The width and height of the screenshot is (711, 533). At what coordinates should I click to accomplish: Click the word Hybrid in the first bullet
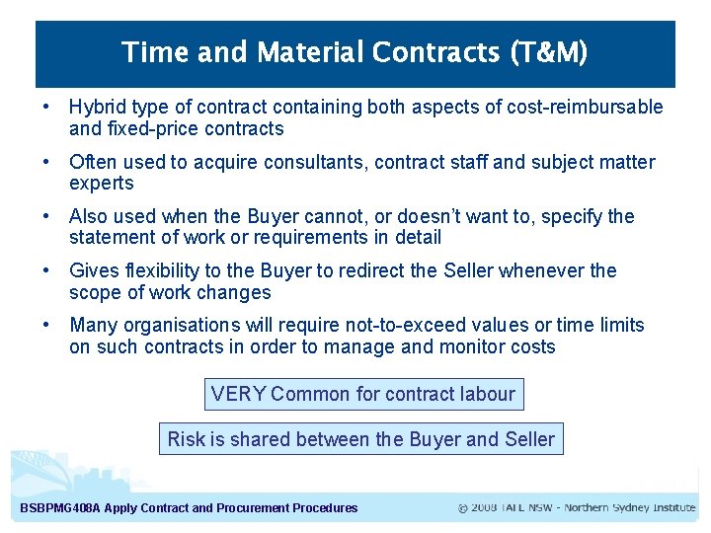coord(96,108)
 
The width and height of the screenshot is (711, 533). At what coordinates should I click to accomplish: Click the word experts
coord(102,184)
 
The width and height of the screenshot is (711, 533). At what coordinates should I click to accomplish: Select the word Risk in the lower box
coord(186,439)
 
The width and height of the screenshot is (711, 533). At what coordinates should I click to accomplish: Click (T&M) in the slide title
coord(548,52)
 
